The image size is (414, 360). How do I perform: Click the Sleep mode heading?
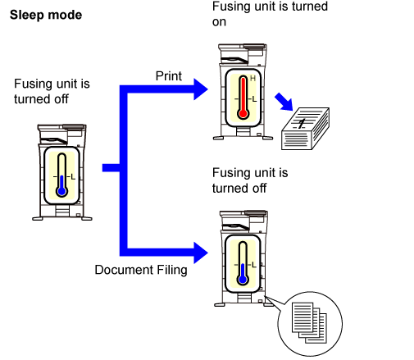(x=46, y=16)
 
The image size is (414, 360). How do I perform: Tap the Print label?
(x=169, y=76)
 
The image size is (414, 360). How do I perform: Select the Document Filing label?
(x=141, y=270)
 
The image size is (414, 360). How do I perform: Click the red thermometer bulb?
(x=243, y=113)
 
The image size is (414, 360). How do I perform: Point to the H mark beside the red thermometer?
(x=252, y=79)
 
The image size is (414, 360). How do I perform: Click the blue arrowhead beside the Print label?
(x=200, y=89)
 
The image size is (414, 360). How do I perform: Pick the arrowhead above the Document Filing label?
(x=200, y=253)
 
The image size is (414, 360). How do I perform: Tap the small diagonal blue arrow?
(x=284, y=102)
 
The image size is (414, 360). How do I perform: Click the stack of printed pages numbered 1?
(x=305, y=129)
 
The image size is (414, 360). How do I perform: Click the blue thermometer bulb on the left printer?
(x=61, y=191)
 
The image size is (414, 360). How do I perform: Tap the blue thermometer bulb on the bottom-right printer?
(x=243, y=280)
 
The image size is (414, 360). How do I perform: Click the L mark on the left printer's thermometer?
(x=73, y=177)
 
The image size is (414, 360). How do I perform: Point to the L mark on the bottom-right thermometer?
(x=254, y=265)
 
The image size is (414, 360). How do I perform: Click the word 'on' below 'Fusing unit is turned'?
(x=219, y=22)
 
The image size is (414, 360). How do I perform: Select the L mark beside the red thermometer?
(x=254, y=99)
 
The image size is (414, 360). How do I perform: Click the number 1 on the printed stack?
(x=302, y=124)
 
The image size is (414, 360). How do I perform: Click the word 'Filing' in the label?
(x=172, y=270)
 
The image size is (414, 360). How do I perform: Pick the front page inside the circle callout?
(x=303, y=317)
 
